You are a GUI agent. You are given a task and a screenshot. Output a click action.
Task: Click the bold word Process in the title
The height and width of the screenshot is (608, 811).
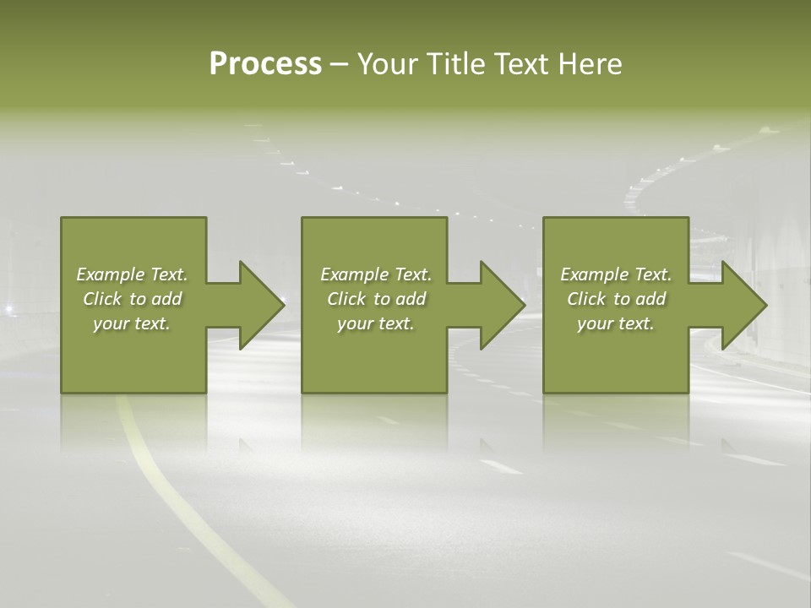pyautogui.click(x=265, y=64)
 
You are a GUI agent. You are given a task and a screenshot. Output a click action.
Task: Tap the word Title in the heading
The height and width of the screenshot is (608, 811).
pyautogui.click(x=454, y=64)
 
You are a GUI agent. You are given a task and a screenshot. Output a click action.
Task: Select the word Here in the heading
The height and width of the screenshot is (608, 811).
pyautogui.click(x=590, y=64)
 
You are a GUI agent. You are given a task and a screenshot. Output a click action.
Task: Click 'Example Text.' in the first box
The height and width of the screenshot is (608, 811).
pyautogui.click(x=132, y=274)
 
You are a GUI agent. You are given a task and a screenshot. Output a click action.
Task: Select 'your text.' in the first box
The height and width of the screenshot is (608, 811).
pyautogui.click(x=132, y=323)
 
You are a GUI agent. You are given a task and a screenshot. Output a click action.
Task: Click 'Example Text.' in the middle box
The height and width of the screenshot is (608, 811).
pyautogui.click(x=376, y=274)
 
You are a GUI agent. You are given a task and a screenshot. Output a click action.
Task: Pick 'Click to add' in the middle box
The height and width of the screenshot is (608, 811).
pyautogui.click(x=376, y=299)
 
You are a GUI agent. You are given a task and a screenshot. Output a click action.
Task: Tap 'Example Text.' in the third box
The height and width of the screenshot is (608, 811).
pyautogui.click(x=616, y=274)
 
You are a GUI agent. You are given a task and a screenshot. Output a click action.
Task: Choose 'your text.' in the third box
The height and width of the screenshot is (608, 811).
pyautogui.click(x=616, y=323)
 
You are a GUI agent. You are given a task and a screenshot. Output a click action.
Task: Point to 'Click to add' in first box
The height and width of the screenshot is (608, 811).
pyautogui.click(x=132, y=299)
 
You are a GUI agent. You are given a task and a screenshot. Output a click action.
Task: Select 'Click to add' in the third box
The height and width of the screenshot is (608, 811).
pyautogui.click(x=616, y=299)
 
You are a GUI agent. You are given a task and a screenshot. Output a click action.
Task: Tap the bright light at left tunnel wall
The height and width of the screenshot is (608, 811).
pyautogui.click(x=8, y=309)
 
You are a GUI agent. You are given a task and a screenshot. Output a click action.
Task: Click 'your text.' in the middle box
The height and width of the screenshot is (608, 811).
pyautogui.click(x=376, y=323)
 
